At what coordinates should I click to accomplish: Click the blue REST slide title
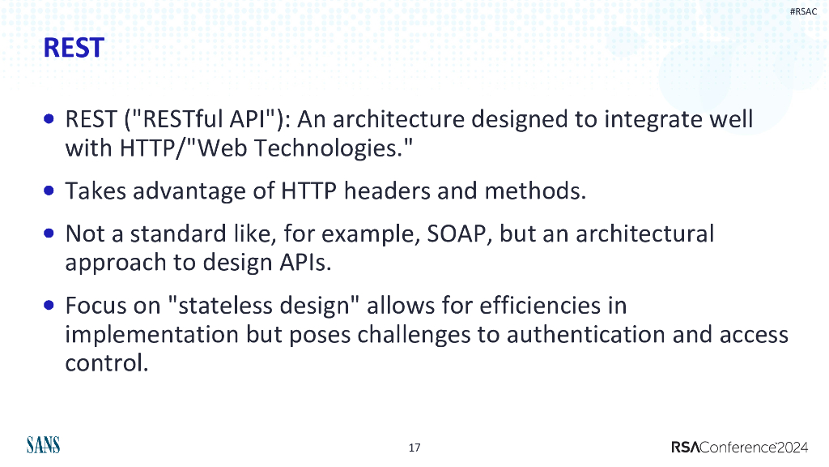[73, 47]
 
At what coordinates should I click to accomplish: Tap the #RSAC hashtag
[804, 11]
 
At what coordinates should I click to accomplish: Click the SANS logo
[43, 445]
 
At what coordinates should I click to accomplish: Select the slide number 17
[414, 448]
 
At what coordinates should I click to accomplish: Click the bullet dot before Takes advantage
[50, 191]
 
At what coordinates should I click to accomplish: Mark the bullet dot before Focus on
[50, 306]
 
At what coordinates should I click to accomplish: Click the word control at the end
[105, 363]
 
